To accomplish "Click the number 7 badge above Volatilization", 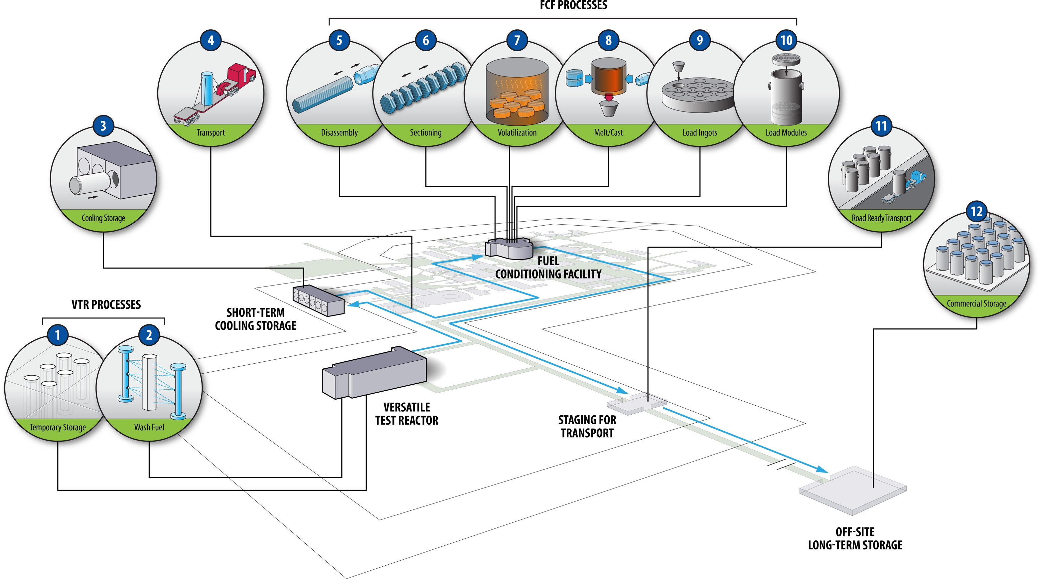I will pos(517,40).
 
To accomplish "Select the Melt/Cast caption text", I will pos(608,132).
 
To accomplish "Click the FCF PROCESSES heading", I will pos(573,5).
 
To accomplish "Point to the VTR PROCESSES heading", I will pos(106,305).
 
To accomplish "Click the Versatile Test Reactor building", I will pos(374,373).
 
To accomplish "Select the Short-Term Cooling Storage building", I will pos(319,300).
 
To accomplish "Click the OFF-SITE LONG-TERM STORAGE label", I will pos(855,539).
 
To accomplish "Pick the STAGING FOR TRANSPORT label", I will pos(587,426).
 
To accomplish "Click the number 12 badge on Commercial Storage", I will pos(976,211).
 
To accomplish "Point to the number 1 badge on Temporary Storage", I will pos(58,335).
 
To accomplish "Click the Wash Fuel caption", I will pos(149,427).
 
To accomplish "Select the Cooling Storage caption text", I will pos(103,218).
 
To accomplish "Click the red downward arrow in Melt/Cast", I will pos(608,96).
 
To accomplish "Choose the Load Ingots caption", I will pos(700,132).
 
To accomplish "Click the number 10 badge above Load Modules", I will pos(786,40).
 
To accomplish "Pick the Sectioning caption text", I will pos(425,132).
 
